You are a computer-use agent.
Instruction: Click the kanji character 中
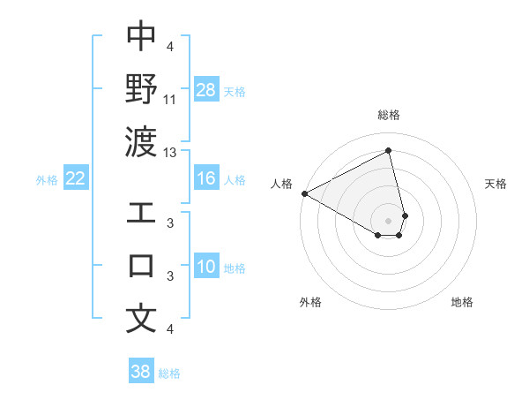(x=141, y=36)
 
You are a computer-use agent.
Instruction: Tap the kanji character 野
(x=141, y=89)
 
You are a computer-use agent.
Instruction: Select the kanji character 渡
(x=141, y=141)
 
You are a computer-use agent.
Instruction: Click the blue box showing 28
(x=206, y=90)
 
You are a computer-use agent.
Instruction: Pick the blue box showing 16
(x=206, y=179)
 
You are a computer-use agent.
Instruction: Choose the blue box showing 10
(x=206, y=268)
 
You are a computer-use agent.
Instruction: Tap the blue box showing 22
(x=76, y=179)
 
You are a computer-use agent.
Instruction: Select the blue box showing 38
(x=141, y=372)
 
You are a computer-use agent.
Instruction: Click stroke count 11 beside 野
(x=171, y=99)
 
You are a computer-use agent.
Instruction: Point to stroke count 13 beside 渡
(x=170, y=152)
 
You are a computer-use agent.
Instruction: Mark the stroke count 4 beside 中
(x=169, y=46)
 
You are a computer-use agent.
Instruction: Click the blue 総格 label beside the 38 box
(x=169, y=373)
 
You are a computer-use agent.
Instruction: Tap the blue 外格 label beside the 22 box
(x=47, y=180)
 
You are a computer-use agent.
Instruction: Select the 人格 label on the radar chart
(x=282, y=184)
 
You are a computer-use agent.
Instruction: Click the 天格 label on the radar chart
(x=495, y=184)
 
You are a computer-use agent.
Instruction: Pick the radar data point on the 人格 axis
(x=304, y=193)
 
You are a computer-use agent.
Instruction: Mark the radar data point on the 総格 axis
(x=388, y=152)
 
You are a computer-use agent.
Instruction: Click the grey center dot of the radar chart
(x=388, y=220)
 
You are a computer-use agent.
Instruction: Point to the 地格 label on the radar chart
(x=462, y=302)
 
